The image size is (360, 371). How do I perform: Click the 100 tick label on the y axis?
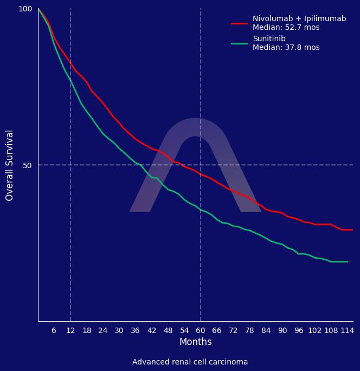click(25, 9)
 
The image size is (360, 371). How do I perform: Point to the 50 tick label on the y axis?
click(28, 165)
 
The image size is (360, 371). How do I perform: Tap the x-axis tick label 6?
click(54, 330)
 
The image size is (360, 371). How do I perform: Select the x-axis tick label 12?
click(70, 330)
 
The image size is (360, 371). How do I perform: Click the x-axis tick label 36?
click(136, 330)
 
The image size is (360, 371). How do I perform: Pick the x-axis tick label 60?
click(201, 330)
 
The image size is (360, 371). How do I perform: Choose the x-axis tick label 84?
click(266, 330)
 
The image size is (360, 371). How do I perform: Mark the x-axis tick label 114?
click(347, 330)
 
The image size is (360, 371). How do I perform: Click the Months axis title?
click(195, 342)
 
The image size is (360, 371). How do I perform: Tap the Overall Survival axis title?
click(10, 165)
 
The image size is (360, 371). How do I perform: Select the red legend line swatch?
click(239, 23)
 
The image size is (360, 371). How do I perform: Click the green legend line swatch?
click(239, 43)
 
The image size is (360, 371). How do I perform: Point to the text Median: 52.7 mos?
click(286, 28)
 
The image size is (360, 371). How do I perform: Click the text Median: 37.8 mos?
click(286, 48)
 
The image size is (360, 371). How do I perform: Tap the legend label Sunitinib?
click(269, 39)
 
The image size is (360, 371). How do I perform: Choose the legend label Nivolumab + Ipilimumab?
click(299, 19)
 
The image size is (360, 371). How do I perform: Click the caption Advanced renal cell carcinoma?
click(190, 362)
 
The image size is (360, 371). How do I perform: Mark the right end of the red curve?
click(352, 230)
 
